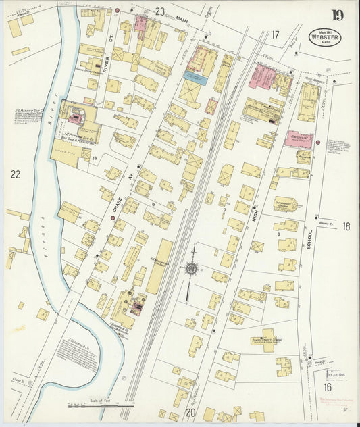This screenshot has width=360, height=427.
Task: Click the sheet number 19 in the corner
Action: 336,15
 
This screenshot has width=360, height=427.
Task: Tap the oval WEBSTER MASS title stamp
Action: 325,37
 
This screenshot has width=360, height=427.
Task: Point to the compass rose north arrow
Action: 191,268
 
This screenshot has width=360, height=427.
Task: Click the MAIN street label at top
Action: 181,20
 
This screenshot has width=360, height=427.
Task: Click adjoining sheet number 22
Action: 15,174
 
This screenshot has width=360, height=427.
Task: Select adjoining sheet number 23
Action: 159,11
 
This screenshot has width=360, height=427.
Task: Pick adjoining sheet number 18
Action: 346,226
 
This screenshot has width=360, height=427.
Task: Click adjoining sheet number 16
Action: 327,387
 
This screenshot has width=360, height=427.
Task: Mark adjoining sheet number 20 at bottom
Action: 190,412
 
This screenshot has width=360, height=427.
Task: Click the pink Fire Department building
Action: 298,139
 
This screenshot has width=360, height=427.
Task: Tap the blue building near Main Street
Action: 195,78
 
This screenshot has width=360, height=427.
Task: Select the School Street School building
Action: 265,342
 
